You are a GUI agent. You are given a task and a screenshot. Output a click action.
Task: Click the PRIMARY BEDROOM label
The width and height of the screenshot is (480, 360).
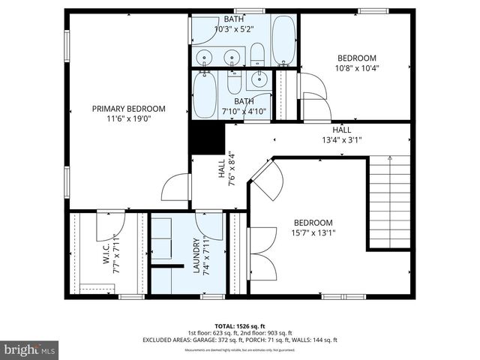(128, 109)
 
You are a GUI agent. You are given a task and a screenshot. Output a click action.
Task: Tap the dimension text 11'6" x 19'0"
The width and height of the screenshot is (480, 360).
(128, 118)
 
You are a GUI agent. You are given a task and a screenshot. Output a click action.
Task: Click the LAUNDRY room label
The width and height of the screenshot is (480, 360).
(196, 256)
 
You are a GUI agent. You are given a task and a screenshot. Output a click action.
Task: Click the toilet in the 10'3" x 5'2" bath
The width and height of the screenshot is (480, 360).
(257, 52)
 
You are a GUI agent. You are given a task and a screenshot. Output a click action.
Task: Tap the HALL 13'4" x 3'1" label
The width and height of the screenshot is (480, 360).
(341, 134)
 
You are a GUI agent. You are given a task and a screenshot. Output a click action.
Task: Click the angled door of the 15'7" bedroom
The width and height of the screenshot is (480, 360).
(265, 180)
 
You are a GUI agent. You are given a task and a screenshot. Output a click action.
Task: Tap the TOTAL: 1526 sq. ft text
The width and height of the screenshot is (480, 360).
(239, 326)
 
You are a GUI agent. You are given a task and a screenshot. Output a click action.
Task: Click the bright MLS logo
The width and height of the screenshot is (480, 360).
(30, 349)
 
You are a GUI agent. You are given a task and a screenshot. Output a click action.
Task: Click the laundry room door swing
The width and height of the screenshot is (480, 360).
(211, 223)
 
